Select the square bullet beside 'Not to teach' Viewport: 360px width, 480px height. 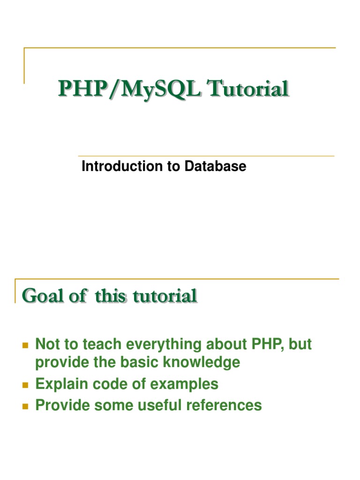(26, 345)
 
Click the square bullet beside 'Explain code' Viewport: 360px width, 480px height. (26, 385)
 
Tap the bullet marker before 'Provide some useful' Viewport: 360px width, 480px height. (26, 405)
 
